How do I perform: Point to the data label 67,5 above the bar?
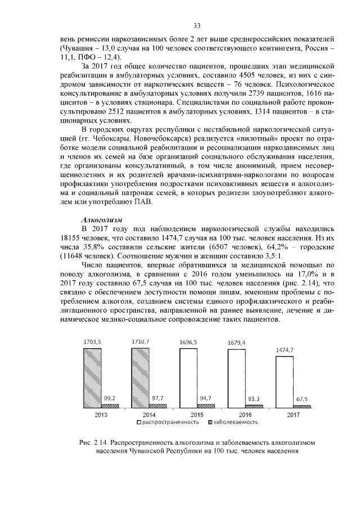[301, 400]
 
